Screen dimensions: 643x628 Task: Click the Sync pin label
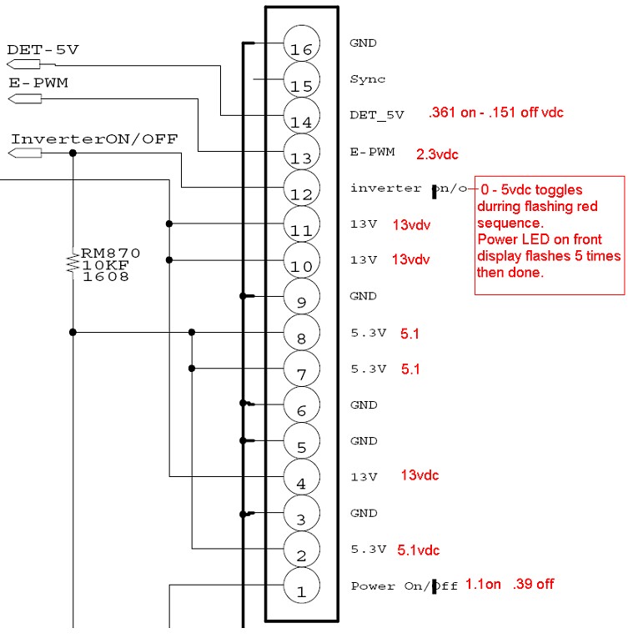tap(368, 79)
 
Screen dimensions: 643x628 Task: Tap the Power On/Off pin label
tap(404, 586)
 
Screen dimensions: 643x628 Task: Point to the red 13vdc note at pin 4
tap(420, 475)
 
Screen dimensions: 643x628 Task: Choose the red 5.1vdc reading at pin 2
tap(419, 550)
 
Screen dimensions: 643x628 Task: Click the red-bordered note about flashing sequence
tap(550, 234)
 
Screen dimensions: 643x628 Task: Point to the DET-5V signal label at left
tap(43, 49)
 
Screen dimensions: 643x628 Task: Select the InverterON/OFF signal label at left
tap(94, 138)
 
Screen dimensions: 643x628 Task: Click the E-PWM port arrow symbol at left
tap(25, 99)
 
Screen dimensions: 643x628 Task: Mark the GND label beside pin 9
tap(364, 296)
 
